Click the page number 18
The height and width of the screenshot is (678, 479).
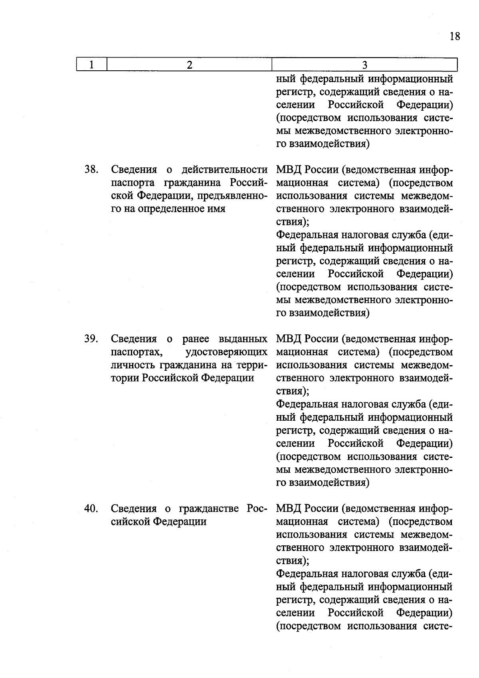[455, 36]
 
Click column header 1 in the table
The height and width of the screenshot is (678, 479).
[91, 65]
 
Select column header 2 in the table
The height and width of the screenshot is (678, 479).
[189, 65]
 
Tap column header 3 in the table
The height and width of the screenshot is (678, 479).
[364, 65]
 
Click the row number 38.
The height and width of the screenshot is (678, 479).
[91, 169]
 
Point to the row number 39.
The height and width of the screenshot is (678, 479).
[91, 339]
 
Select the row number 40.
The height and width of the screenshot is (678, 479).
[91, 508]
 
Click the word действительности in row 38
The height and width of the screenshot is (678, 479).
[224, 169]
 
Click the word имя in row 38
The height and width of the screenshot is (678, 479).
[216, 209]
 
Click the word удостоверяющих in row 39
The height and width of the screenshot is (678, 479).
[226, 352]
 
